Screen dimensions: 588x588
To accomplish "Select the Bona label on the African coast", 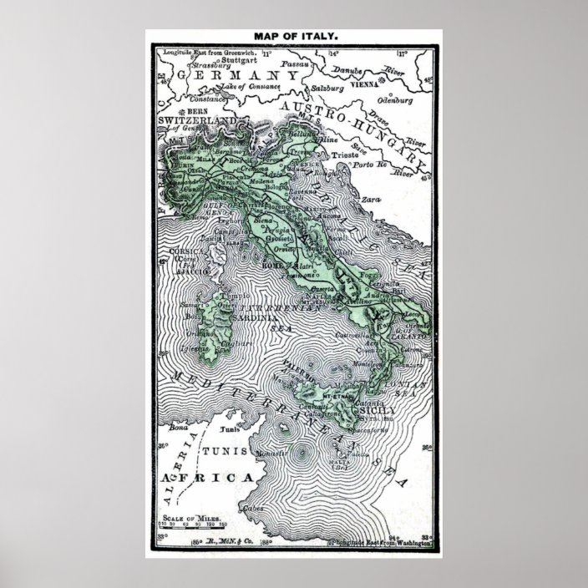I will [178, 427].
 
